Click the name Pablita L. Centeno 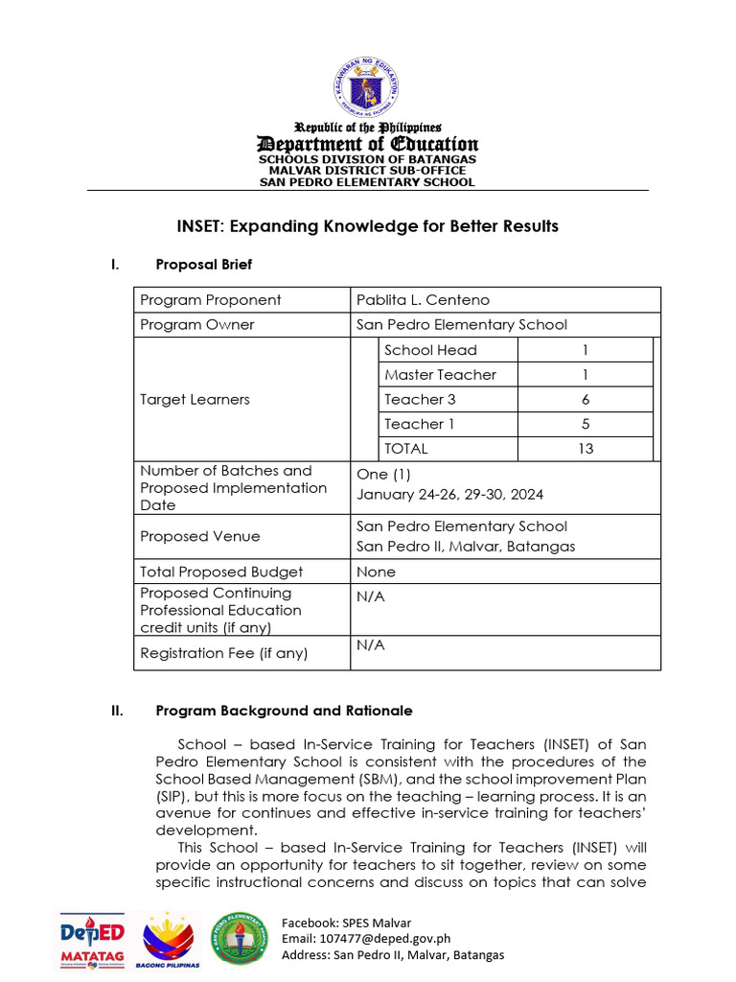click(423, 300)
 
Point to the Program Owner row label click(197, 325)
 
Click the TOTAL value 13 click(586, 449)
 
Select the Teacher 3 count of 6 click(586, 400)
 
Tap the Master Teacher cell click(440, 375)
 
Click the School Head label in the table click(430, 350)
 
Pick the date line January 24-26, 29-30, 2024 click(450, 495)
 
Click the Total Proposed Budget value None click(376, 572)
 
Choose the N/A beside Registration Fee click(371, 645)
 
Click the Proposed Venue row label click(199, 536)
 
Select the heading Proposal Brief click(204, 264)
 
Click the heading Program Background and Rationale click(284, 711)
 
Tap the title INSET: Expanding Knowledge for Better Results click(368, 226)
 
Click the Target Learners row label click(195, 400)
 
